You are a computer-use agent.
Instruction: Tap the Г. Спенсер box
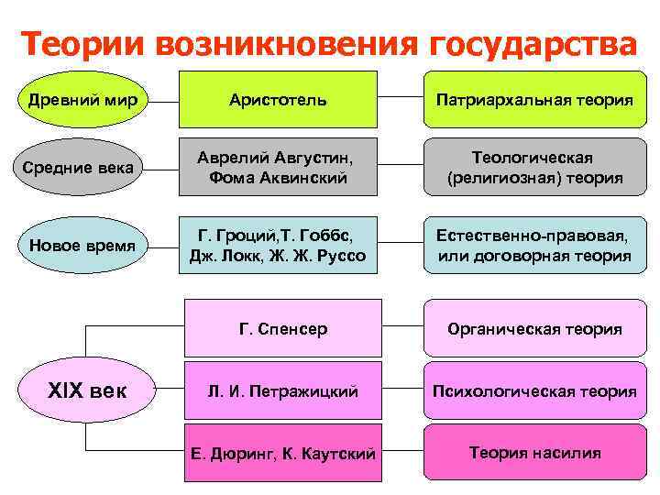282,328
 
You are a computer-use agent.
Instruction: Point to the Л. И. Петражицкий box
282,391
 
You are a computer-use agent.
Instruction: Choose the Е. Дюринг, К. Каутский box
282,453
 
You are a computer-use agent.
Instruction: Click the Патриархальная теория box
534,98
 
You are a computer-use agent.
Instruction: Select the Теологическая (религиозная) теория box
534,168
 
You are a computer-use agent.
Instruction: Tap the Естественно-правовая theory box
534,245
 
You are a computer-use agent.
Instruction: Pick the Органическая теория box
534,328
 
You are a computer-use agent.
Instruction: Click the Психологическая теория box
534,391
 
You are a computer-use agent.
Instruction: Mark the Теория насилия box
534,453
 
